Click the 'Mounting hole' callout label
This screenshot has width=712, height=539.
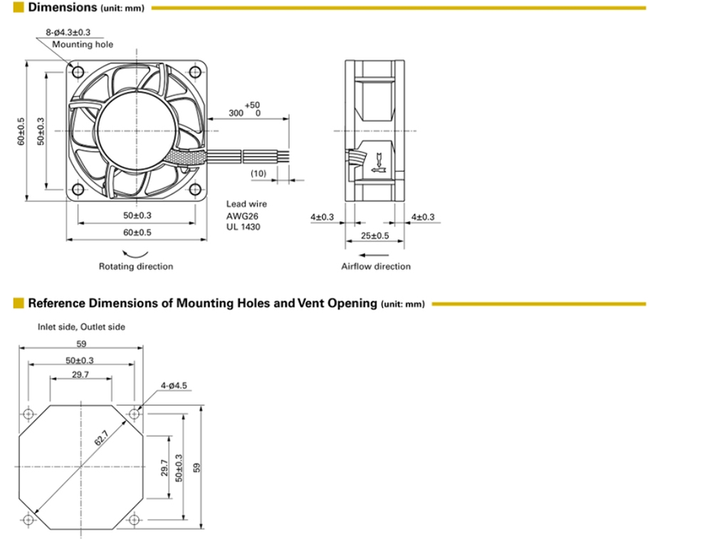(x=83, y=44)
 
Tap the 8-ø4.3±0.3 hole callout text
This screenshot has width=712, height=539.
(x=73, y=33)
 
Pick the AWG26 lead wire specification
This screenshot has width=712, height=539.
(x=241, y=216)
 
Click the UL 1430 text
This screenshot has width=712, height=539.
(x=244, y=227)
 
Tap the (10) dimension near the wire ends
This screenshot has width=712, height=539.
(x=258, y=174)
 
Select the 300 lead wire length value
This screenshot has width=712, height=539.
(x=236, y=113)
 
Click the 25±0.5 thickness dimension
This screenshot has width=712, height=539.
(x=375, y=236)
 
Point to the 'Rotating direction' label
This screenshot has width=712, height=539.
(x=135, y=266)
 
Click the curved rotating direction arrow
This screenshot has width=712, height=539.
(x=135, y=253)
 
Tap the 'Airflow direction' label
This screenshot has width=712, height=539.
(x=375, y=266)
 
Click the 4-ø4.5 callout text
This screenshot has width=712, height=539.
(x=173, y=385)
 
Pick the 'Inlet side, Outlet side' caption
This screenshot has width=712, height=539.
(x=81, y=327)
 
